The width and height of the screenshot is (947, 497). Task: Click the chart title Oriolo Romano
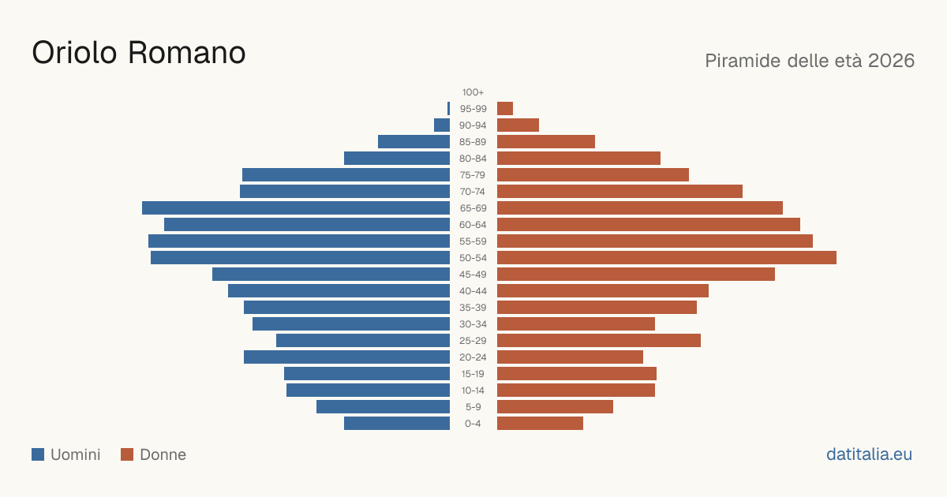tap(139, 53)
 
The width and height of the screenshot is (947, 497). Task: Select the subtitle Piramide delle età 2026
tap(810, 61)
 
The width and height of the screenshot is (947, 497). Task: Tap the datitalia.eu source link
tap(869, 454)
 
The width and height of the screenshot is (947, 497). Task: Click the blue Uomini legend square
tap(38, 454)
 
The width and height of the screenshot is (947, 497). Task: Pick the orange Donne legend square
tap(127, 454)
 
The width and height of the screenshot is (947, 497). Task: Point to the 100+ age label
tap(473, 92)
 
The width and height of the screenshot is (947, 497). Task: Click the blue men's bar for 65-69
tap(296, 208)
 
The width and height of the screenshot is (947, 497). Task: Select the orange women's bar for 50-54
tap(667, 258)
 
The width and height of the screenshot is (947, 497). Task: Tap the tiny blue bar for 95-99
tap(448, 109)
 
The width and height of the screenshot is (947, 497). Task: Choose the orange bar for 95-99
tap(505, 109)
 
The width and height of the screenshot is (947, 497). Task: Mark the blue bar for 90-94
tap(442, 125)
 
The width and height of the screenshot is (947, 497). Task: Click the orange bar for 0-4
tap(541, 424)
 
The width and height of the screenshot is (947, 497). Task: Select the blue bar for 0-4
tap(397, 424)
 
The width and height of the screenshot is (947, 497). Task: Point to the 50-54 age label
tap(473, 258)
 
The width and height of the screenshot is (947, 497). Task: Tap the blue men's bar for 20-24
tap(346, 357)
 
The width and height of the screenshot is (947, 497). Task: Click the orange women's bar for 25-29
tap(599, 341)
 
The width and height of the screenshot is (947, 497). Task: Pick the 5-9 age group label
tap(473, 407)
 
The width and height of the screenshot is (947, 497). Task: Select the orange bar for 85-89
tap(546, 141)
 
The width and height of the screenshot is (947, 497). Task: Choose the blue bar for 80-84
tap(397, 159)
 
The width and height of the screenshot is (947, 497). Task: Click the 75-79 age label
tap(473, 175)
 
